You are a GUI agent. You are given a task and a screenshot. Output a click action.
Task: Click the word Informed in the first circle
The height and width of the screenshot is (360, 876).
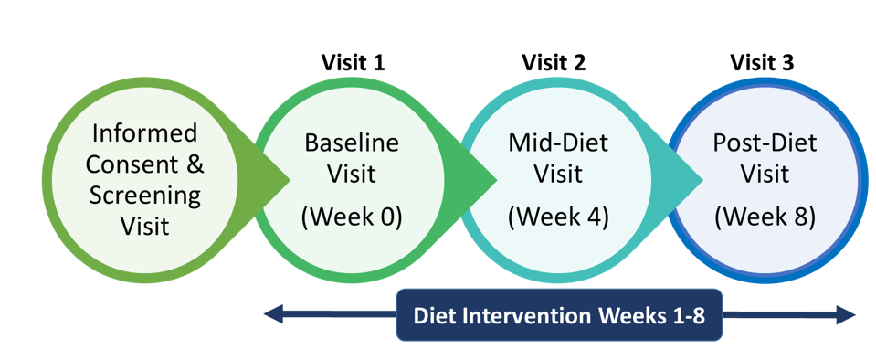coord(144,133)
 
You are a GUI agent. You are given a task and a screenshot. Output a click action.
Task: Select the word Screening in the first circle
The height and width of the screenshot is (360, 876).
coord(144,196)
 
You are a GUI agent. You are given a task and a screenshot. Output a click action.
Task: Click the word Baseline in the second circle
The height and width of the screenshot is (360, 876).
coord(352,143)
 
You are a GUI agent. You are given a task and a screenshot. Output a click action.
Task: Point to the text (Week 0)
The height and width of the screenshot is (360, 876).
coord(352,218)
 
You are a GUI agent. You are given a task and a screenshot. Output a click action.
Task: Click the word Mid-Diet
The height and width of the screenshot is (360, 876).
coord(558,143)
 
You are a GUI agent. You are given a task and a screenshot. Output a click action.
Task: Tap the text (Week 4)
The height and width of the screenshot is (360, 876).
coord(558,218)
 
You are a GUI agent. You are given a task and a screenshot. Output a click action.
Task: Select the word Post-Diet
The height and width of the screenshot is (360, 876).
coord(765,143)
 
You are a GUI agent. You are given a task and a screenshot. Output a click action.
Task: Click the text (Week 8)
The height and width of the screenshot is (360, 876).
coord(765,218)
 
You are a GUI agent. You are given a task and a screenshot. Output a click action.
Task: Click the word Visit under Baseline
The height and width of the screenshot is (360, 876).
coord(352,174)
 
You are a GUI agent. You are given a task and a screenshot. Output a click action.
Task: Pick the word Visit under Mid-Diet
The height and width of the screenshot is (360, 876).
coord(558,174)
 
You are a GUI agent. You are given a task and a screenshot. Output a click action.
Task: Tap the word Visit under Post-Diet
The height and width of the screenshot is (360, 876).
coord(765,174)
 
